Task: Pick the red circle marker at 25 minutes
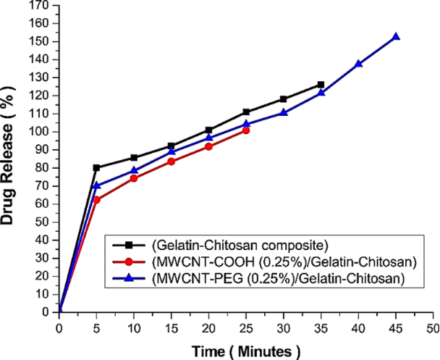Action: [x=246, y=130]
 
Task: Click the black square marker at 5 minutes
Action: [x=96, y=167]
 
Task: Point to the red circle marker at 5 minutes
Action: [x=96, y=199]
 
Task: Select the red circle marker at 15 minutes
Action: [x=172, y=162]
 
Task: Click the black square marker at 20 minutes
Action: [x=208, y=130]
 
